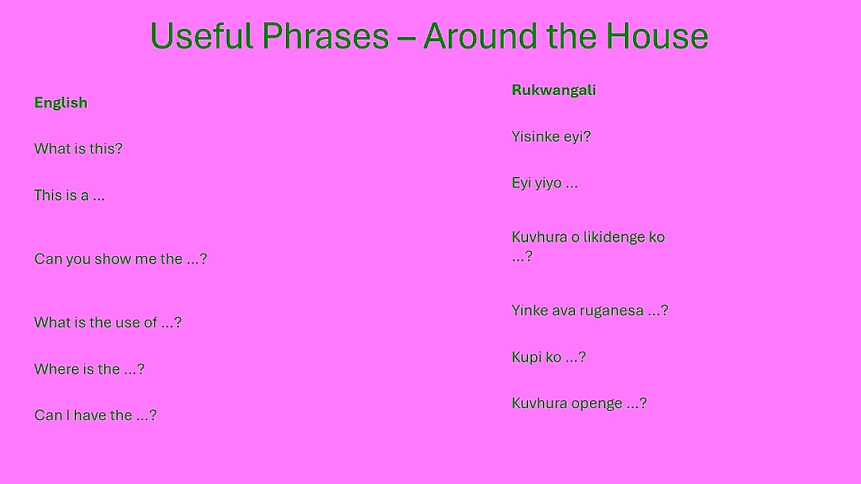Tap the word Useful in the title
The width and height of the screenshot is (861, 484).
click(x=201, y=36)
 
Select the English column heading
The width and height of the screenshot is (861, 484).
click(x=61, y=103)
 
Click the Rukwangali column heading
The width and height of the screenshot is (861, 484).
click(x=554, y=90)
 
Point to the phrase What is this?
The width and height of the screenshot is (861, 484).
click(x=78, y=149)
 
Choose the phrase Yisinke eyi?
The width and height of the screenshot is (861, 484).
click(x=551, y=136)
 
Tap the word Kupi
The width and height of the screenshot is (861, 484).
click(x=527, y=357)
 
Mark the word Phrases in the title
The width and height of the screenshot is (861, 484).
click(x=325, y=36)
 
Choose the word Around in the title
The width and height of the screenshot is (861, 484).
click(x=480, y=36)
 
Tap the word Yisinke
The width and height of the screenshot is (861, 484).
click(x=536, y=136)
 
